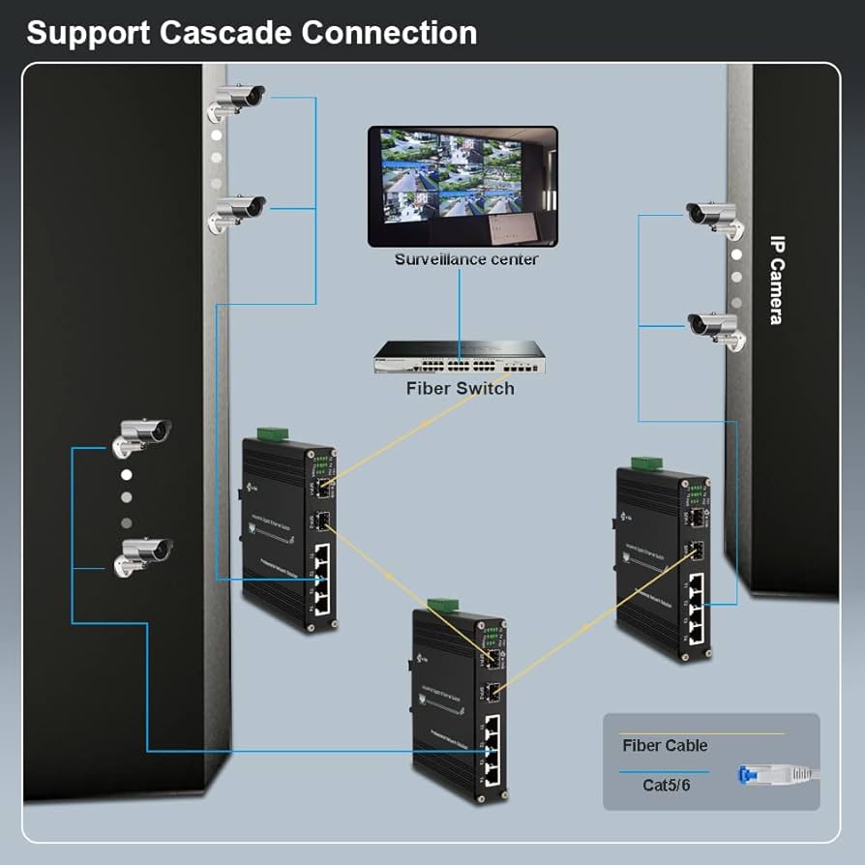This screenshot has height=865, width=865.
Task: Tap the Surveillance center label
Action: (x=466, y=259)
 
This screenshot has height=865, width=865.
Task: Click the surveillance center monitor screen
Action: (x=462, y=185)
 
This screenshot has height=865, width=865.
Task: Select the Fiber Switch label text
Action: (x=460, y=388)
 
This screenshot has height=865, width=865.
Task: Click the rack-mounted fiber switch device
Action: (x=460, y=359)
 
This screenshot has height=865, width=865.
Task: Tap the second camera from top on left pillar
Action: (x=236, y=210)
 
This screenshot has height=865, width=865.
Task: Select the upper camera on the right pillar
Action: (x=715, y=219)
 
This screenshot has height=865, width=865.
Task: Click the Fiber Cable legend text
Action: (x=665, y=745)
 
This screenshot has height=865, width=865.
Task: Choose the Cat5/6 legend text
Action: (x=667, y=785)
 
